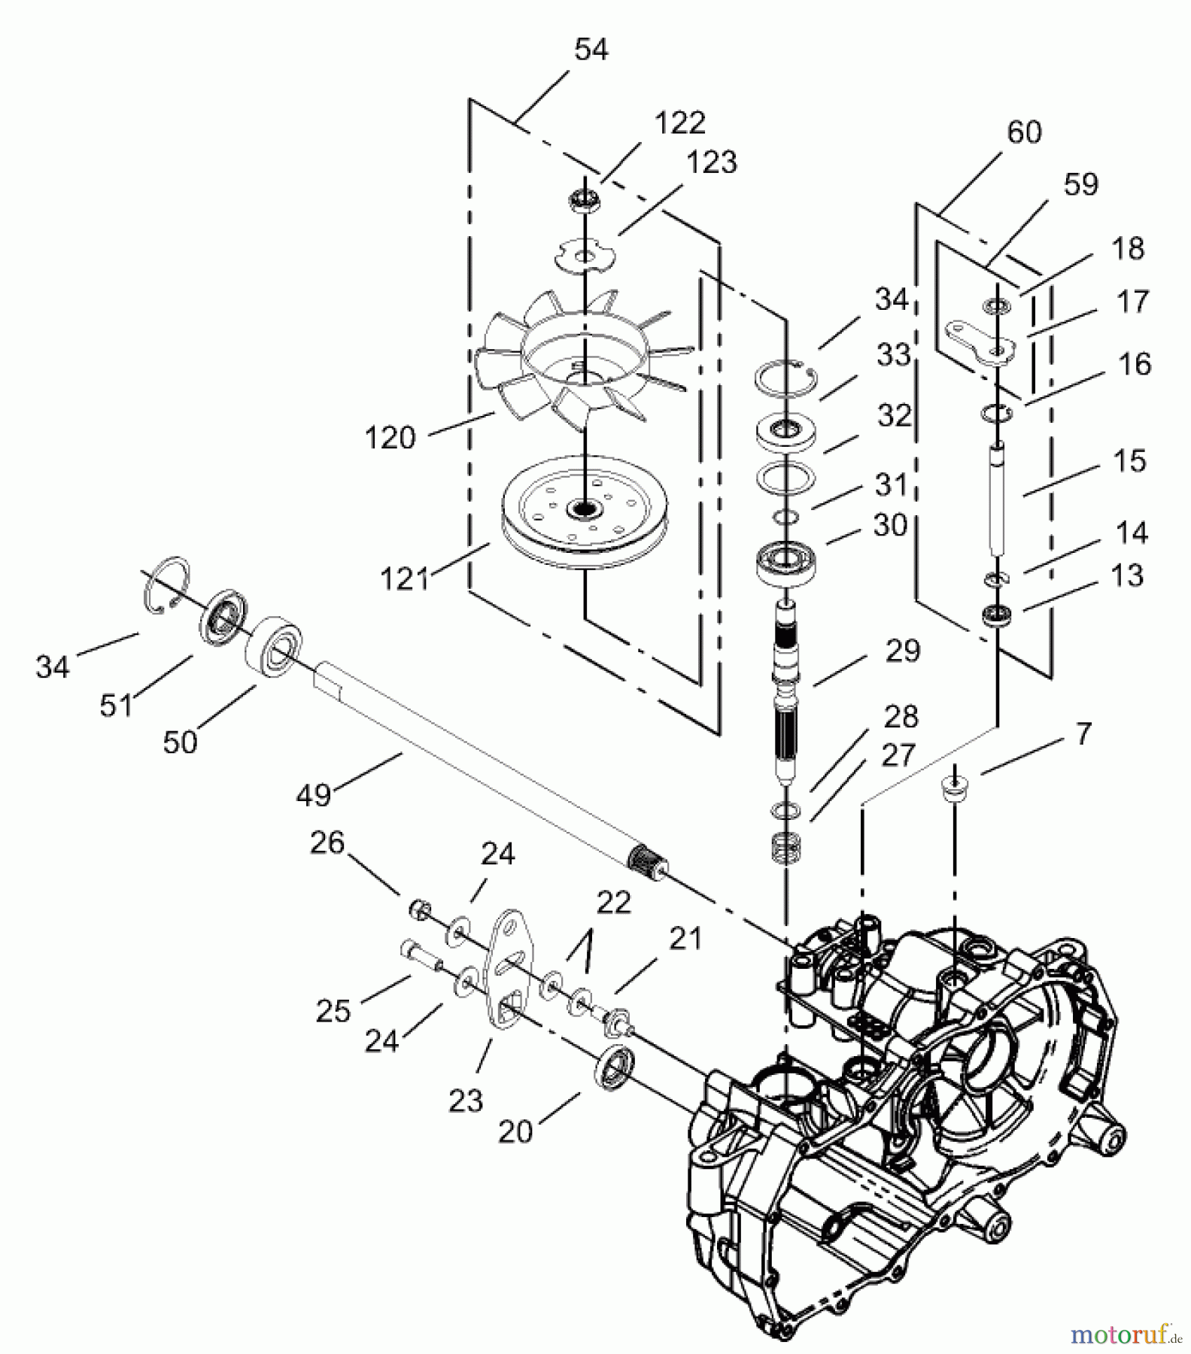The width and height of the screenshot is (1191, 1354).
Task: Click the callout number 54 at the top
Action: click(591, 50)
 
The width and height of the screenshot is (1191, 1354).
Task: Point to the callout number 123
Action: click(712, 162)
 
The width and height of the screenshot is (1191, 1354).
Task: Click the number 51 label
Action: click(116, 705)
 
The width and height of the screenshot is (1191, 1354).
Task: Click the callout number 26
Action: click(327, 843)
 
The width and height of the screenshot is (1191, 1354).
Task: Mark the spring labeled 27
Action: click(785, 849)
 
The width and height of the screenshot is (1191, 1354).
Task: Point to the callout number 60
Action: click(1023, 132)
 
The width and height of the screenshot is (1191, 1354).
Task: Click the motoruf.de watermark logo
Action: click(1124, 1334)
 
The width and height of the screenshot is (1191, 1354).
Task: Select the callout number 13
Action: click(1126, 576)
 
